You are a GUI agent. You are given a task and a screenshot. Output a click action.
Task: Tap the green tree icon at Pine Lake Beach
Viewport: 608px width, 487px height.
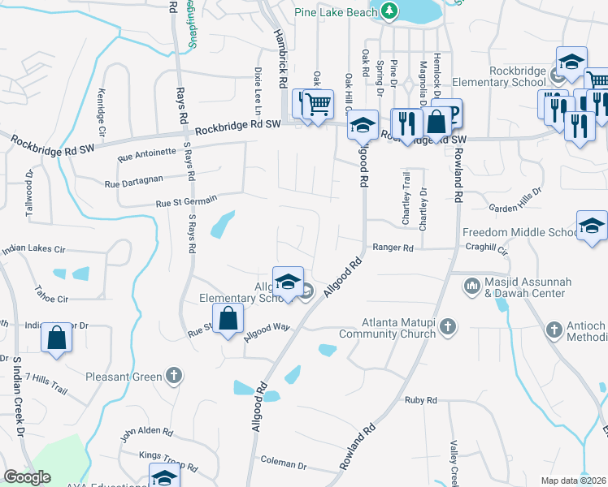pos(389,11)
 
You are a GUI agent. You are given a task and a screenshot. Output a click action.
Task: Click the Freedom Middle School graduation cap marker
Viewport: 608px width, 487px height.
pos(592,225)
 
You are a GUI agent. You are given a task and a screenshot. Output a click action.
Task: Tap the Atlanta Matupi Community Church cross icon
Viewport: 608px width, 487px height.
pos(447,327)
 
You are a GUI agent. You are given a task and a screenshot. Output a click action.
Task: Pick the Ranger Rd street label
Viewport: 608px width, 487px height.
pos(393,248)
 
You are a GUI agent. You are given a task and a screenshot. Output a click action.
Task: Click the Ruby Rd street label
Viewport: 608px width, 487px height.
pos(421,400)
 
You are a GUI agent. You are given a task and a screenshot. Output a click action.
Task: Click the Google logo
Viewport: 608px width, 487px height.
pos(27,477)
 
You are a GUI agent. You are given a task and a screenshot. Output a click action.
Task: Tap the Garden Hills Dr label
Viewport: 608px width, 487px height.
pos(507,207)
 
